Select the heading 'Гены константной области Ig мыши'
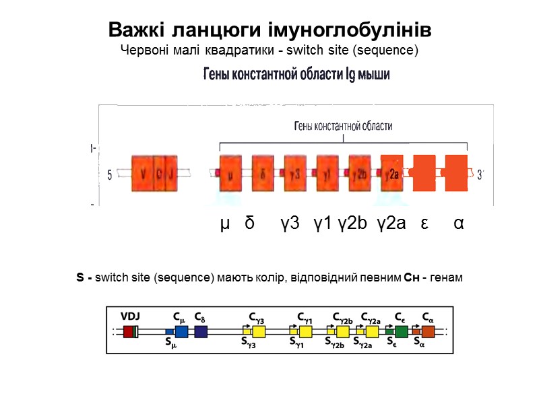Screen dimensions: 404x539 296,74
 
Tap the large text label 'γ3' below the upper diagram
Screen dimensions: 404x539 290,223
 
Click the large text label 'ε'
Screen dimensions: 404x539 424,223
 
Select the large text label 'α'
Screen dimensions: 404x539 458,223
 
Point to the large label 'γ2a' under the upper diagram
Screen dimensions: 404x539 391,223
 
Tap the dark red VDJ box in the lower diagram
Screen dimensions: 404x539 128,331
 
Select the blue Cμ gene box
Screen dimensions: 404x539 181,331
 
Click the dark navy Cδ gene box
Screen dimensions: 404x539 201,331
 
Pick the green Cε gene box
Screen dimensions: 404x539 402,331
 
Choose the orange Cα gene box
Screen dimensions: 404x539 429,331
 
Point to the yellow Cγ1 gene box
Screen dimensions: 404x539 305,331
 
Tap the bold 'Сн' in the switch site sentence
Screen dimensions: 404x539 410,278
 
